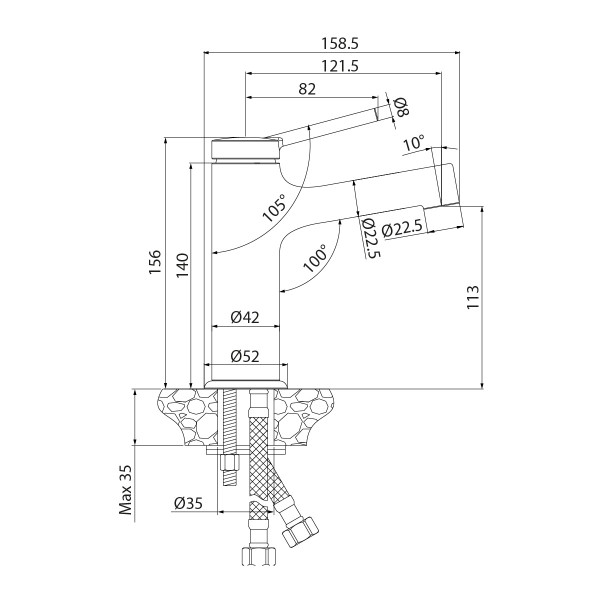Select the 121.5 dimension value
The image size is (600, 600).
coord(342,65)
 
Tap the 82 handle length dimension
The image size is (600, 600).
coord(307,89)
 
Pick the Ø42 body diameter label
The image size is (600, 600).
coord(245,317)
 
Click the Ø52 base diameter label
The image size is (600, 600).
coord(245,355)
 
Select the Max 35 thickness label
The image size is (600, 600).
coord(127,487)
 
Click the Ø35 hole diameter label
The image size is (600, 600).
coord(189,503)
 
